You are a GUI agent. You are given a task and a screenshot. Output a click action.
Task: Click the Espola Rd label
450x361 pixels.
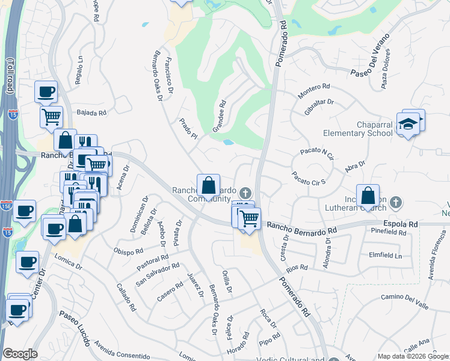(x=404, y=224)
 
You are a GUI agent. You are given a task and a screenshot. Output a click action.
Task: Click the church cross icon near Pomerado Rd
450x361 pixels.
(x=245, y=193)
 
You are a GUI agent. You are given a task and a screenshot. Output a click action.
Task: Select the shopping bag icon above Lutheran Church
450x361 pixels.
(x=368, y=196)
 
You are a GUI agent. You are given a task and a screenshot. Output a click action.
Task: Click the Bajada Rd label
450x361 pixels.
(x=91, y=113)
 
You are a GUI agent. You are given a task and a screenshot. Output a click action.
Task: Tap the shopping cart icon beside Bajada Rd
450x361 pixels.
(x=52, y=116)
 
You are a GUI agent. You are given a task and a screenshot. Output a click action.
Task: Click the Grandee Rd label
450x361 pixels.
(x=219, y=116)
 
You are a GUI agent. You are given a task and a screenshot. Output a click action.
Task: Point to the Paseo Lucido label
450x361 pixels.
(x=75, y=329)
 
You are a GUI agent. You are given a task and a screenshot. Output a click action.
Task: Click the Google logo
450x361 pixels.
(x=20, y=354)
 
